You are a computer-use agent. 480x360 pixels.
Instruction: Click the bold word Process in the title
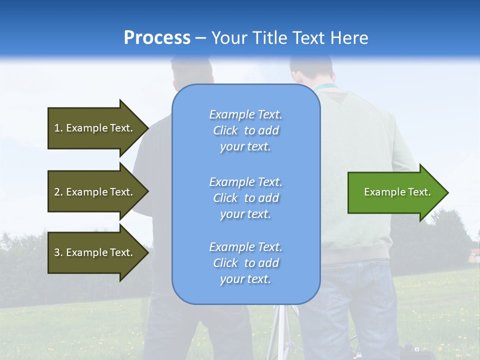click(x=157, y=38)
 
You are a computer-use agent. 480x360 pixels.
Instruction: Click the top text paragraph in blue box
click(x=245, y=130)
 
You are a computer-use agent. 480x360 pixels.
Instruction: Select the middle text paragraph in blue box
click(x=245, y=198)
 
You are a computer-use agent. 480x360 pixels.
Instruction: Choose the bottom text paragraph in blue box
click(x=245, y=263)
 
